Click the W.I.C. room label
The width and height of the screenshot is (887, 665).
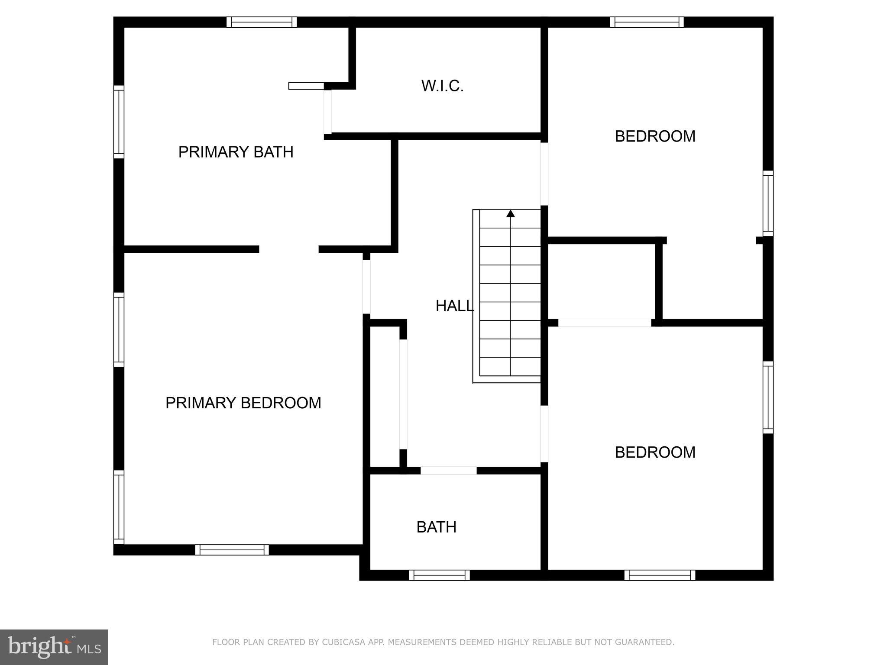coord(442,86)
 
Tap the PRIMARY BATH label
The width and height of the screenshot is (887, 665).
coord(236,152)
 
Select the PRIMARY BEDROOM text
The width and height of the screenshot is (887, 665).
coord(243,403)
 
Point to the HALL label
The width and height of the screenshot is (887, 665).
coord(454,306)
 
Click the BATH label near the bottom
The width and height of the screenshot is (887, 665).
coord(436,527)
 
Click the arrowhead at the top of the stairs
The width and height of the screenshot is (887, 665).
coord(511,213)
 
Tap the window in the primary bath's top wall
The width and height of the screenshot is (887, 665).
coord(262,22)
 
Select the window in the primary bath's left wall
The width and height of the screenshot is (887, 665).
coord(119,122)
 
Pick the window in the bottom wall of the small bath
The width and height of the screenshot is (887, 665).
coord(439,575)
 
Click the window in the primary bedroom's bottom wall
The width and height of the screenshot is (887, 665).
coord(232,550)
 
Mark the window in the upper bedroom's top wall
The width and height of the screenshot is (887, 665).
coord(647,22)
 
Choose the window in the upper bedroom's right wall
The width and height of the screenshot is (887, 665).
coord(768,203)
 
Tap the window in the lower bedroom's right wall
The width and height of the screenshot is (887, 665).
coord(768,397)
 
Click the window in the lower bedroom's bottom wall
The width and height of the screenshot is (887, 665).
coord(660,575)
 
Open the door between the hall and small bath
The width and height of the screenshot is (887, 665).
coord(448,471)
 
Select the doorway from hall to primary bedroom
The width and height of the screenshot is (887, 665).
coord(366,286)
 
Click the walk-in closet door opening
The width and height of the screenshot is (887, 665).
coord(328,112)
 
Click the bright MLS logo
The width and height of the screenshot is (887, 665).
coord(54,647)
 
